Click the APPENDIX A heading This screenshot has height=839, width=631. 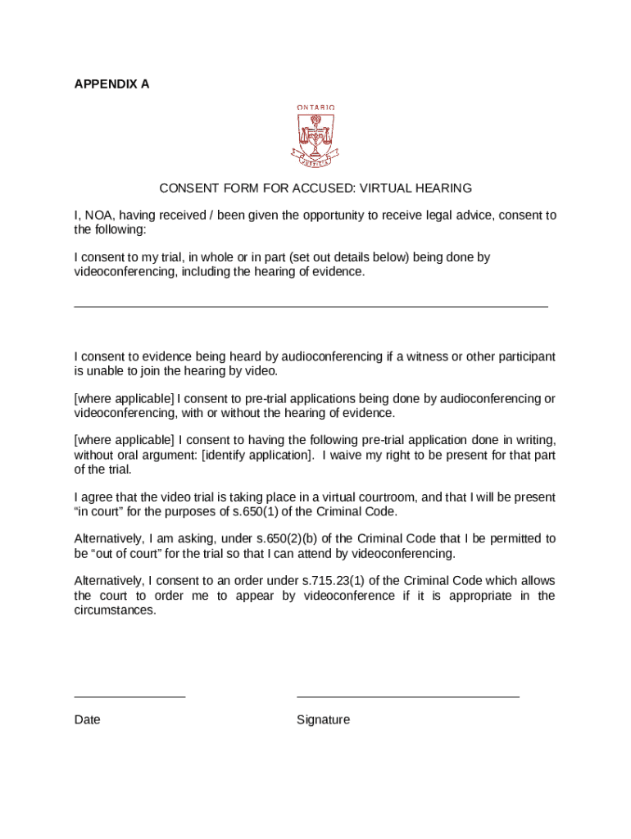(x=111, y=84)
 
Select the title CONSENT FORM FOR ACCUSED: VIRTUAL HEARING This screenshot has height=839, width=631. (x=315, y=188)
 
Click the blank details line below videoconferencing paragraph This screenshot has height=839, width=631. (x=311, y=306)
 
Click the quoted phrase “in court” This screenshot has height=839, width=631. (x=99, y=511)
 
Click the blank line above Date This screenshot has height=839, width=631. (x=129, y=696)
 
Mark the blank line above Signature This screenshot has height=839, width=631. (x=407, y=696)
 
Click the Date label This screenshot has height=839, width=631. (x=87, y=719)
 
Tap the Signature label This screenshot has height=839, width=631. (x=323, y=719)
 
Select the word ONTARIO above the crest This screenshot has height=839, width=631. (x=315, y=107)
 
